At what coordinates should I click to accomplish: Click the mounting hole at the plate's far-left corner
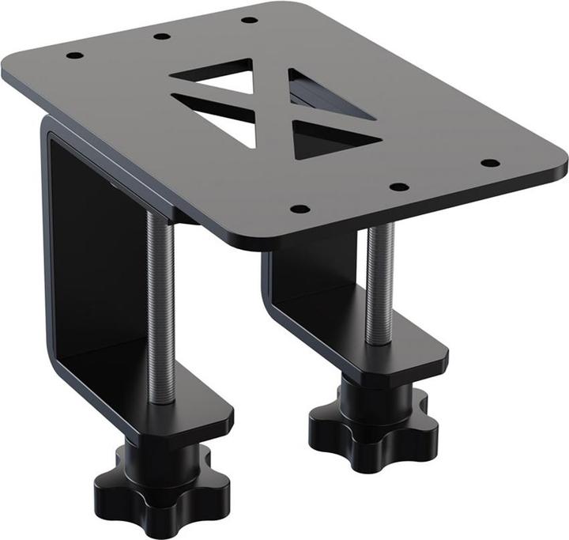coord(74,56)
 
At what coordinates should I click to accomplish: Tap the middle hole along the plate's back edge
coord(161,36)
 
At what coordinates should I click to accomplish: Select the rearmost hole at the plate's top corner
coord(249,20)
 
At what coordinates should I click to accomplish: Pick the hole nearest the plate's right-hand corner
coord(490,163)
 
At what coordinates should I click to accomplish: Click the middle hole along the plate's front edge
coord(399,187)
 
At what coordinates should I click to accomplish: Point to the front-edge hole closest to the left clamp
coord(300,209)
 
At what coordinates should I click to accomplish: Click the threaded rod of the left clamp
coord(160,308)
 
